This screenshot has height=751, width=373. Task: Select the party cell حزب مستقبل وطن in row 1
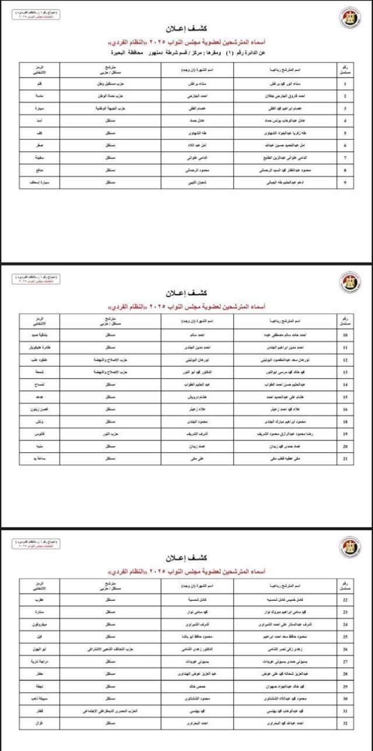[x=111, y=84]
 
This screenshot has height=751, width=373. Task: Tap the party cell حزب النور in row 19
[x=111, y=434]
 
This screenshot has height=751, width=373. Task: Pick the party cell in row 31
[x=111, y=711]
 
